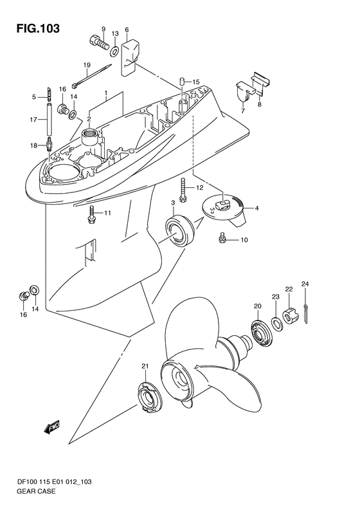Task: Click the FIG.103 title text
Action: pyautogui.click(x=38, y=28)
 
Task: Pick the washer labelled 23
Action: pyautogui.click(x=276, y=324)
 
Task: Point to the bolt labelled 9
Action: pyautogui.click(x=98, y=43)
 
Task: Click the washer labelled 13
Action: pyautogui.click(x=114, y=51)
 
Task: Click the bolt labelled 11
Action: pyautogui.click(x=91, y=214)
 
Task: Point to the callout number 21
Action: pyautogui.click(x=145, y=366)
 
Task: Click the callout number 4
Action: pyautogui.click(x=256, y=208)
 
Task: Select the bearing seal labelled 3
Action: pyautogui.click(x=180, y=230)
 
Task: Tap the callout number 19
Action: pyautogui.click(x=87, y=65)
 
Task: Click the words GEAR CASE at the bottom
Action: pyautogui.click(x=36, y=491)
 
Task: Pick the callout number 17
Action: pyautogui.click(x=33, y=120)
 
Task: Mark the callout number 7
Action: pyautogui.click(x=243, y=111)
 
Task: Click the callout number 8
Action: pyautogui.click(x=259, y=104)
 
